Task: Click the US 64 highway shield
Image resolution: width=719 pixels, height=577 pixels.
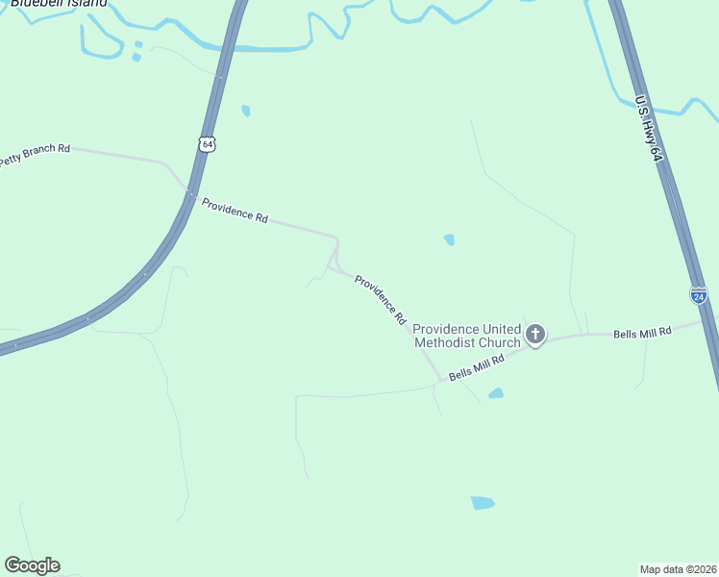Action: (x=208, y=143)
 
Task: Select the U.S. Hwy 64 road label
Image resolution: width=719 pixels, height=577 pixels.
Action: (x=649, y=127)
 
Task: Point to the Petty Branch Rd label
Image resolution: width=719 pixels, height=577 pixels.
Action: (x=35, y=154)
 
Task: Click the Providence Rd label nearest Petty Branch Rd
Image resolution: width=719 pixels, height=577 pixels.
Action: (x=235, y=210)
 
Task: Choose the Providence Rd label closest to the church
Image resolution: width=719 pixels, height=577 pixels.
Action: (x=381, y=298)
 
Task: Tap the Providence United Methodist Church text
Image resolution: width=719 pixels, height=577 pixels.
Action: (x=467, y=335)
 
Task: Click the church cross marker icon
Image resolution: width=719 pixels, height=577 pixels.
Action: (x=535, y=335)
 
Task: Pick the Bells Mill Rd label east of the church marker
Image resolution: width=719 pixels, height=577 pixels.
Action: (x=642, y=332)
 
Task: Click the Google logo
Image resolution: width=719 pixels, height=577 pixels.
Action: (x=32, y=565)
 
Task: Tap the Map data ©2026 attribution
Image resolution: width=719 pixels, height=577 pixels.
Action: (x=678, y=568)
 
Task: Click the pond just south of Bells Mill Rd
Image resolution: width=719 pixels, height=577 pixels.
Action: (x=496, y=393)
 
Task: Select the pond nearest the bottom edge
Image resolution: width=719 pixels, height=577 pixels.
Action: (x=483, y=503)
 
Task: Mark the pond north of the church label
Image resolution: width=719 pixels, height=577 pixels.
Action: (x=449, y=239)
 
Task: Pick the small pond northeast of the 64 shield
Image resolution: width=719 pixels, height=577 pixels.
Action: (x=246, y=111)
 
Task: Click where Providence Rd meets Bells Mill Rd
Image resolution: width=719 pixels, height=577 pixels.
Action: (x=441, y=381)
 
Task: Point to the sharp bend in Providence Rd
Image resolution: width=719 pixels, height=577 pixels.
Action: (x=335, y=238)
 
